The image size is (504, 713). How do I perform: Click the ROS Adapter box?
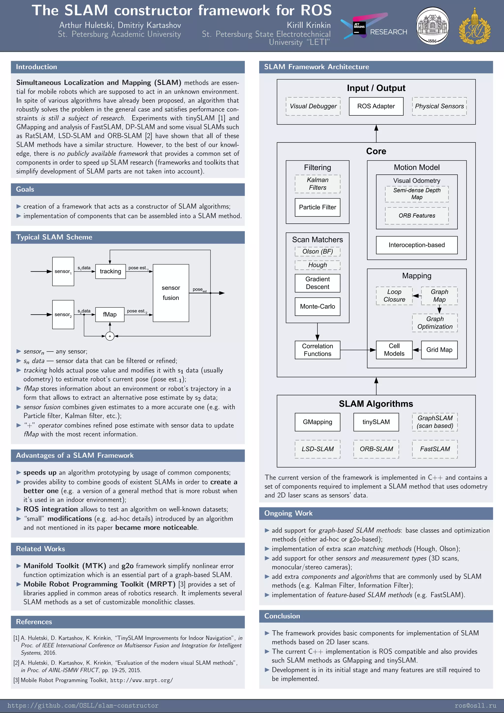tap(376, 106)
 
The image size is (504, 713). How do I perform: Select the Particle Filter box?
tap(317, 207)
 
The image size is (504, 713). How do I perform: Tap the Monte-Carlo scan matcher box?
tap(317, 307)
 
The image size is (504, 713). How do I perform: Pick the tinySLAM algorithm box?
tap(376, 422)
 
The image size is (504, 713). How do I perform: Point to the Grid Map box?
tap(439, 350)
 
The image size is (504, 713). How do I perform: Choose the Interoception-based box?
tap(416, 245)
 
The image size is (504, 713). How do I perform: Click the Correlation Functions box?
tap(317, 350)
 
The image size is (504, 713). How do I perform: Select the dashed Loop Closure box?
tap(394, 296)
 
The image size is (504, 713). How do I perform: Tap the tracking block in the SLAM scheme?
tap(110, 271)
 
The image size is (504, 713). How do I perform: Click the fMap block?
tap(110, 315)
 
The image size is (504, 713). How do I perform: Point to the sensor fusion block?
tap(171, 293)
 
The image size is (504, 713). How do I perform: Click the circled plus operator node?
tap(110, 336)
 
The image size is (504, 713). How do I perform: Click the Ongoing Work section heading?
tap(288, 513)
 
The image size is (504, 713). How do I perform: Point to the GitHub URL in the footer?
tap(83, 706)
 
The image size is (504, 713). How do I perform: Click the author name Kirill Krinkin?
tap(308, 25)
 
